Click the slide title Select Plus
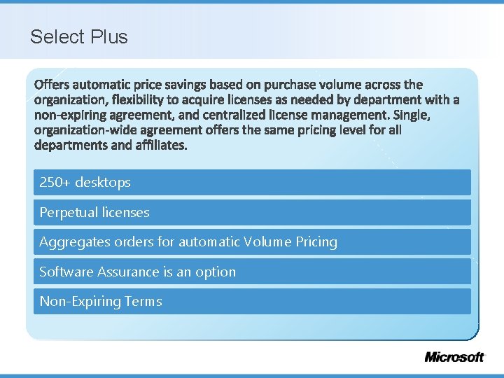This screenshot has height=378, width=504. tap(79, 36)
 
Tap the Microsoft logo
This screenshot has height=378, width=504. tap(454, 357)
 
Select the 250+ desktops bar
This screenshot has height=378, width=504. tap(252, 182)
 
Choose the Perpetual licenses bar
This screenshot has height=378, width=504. tap(252, 212)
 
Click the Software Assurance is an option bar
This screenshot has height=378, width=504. tap(252, 272)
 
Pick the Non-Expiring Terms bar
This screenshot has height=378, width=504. tap(252, 302)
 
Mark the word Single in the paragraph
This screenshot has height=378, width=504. tap(413, 115)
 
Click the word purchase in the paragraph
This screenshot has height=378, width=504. tap(289, 85)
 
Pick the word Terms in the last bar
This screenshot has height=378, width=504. tap(143, 302)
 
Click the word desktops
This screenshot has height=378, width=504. tap(103, 182)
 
